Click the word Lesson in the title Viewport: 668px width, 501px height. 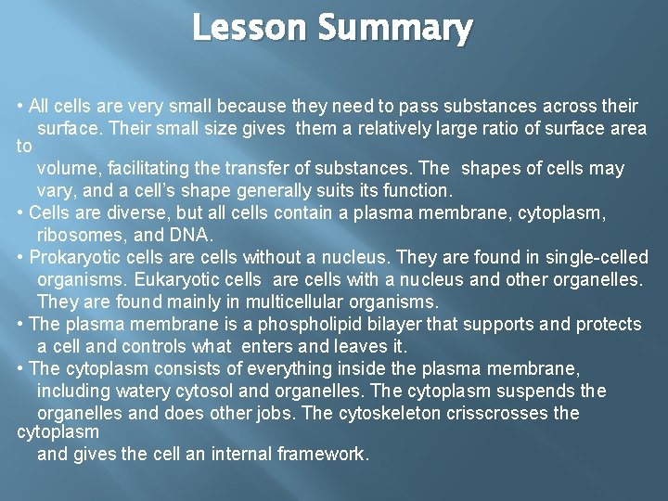(250, 29)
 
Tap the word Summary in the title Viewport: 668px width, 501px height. (396, 31)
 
